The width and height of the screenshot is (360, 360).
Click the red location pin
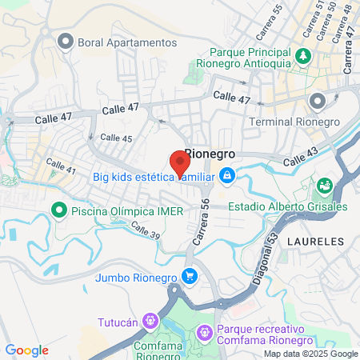tap(180, 163)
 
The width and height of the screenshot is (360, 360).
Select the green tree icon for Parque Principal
tap(303, 56)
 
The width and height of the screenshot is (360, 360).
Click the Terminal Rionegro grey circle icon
tap(318, 101)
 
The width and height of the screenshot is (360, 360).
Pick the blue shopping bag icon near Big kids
tap(227, 174)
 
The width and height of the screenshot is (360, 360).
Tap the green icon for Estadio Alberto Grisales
tap(325, 186)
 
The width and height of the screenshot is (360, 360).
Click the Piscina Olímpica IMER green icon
tap(58, 210)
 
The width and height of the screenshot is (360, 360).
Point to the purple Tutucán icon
tap(149, 322)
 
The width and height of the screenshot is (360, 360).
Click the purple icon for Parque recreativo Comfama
tap(206, 330)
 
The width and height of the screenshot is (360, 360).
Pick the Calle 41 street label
tap(61, 167)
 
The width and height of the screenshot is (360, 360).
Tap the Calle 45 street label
tap(117, 138)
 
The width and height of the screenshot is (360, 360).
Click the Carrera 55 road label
tap(269, 23)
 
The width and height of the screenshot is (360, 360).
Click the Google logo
tap(26, 350)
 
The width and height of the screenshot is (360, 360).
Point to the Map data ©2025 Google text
tap(311, 354)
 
